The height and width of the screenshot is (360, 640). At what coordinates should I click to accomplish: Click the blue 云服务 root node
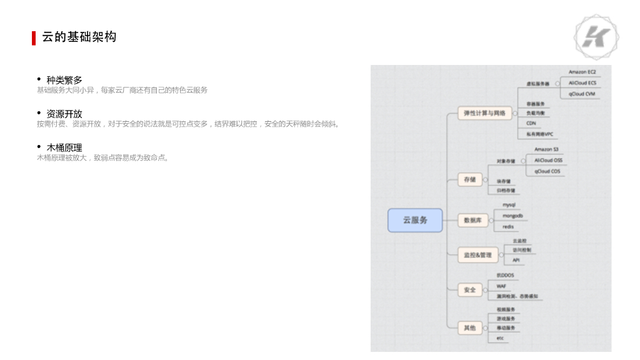(x=415, y=220)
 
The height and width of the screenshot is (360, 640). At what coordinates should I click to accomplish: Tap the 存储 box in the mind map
(x=469, y=179)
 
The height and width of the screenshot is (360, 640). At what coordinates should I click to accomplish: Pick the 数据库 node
(x=472, y=220)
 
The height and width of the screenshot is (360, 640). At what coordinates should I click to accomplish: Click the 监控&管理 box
(x=477, y=255)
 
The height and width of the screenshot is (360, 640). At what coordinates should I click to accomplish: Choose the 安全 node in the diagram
(x=469, y=290)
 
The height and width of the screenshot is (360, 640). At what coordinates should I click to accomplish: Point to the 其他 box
(x=469, y=327)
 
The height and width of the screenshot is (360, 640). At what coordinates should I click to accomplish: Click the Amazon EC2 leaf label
(x=582, y=72)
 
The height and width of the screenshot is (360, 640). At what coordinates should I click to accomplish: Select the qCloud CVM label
(x=582, y=94)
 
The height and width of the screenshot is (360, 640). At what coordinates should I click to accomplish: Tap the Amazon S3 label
(x=547, y=150)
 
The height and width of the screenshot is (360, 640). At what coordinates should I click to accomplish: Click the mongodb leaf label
(x=512, y=216)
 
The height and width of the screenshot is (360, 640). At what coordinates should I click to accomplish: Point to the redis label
(x=508, y=226)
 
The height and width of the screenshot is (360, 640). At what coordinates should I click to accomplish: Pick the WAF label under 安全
(x=501, y=286)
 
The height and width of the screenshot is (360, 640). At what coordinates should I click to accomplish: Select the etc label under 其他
(x=500, y=338)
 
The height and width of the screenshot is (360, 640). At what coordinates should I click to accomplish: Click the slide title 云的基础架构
(x=79, y=37)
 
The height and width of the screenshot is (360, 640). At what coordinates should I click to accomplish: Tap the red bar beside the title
(x=34, y=37)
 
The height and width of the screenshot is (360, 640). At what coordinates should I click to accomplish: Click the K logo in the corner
(x=596, y=36)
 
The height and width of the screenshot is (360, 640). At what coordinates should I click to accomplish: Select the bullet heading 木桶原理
(x=64, y=147)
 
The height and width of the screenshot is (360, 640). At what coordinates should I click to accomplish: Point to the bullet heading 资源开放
(x=64, y=114)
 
